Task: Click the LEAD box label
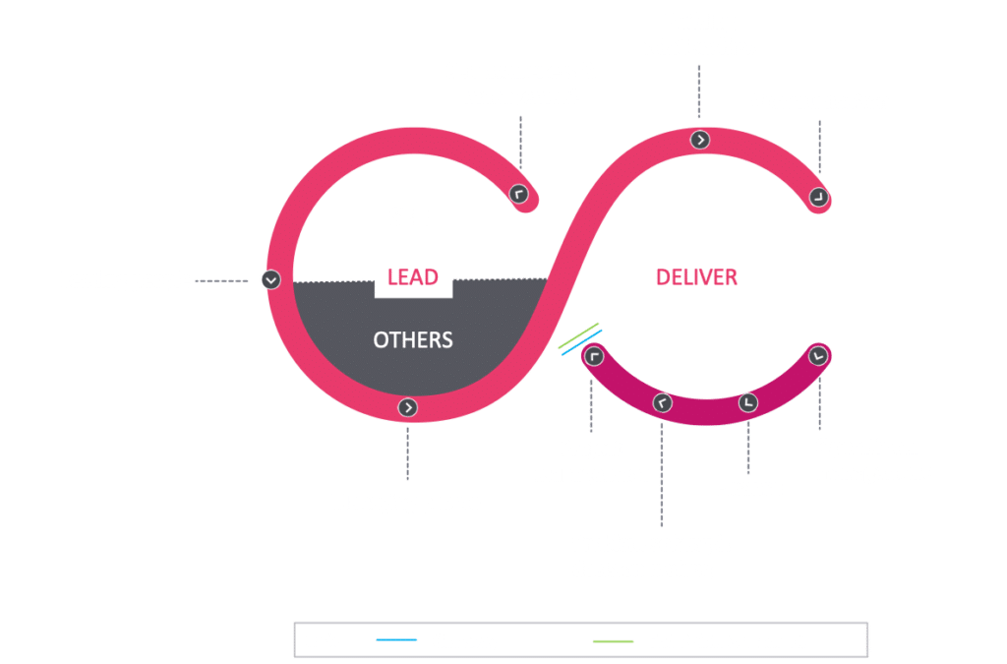[412, 276]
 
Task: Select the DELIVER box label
[697, 276]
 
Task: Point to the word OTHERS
[413, 340]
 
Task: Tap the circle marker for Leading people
[271, 280]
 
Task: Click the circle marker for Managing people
[408, 407]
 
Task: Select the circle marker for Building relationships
[699, 140]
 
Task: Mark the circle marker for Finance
[748, 402]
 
